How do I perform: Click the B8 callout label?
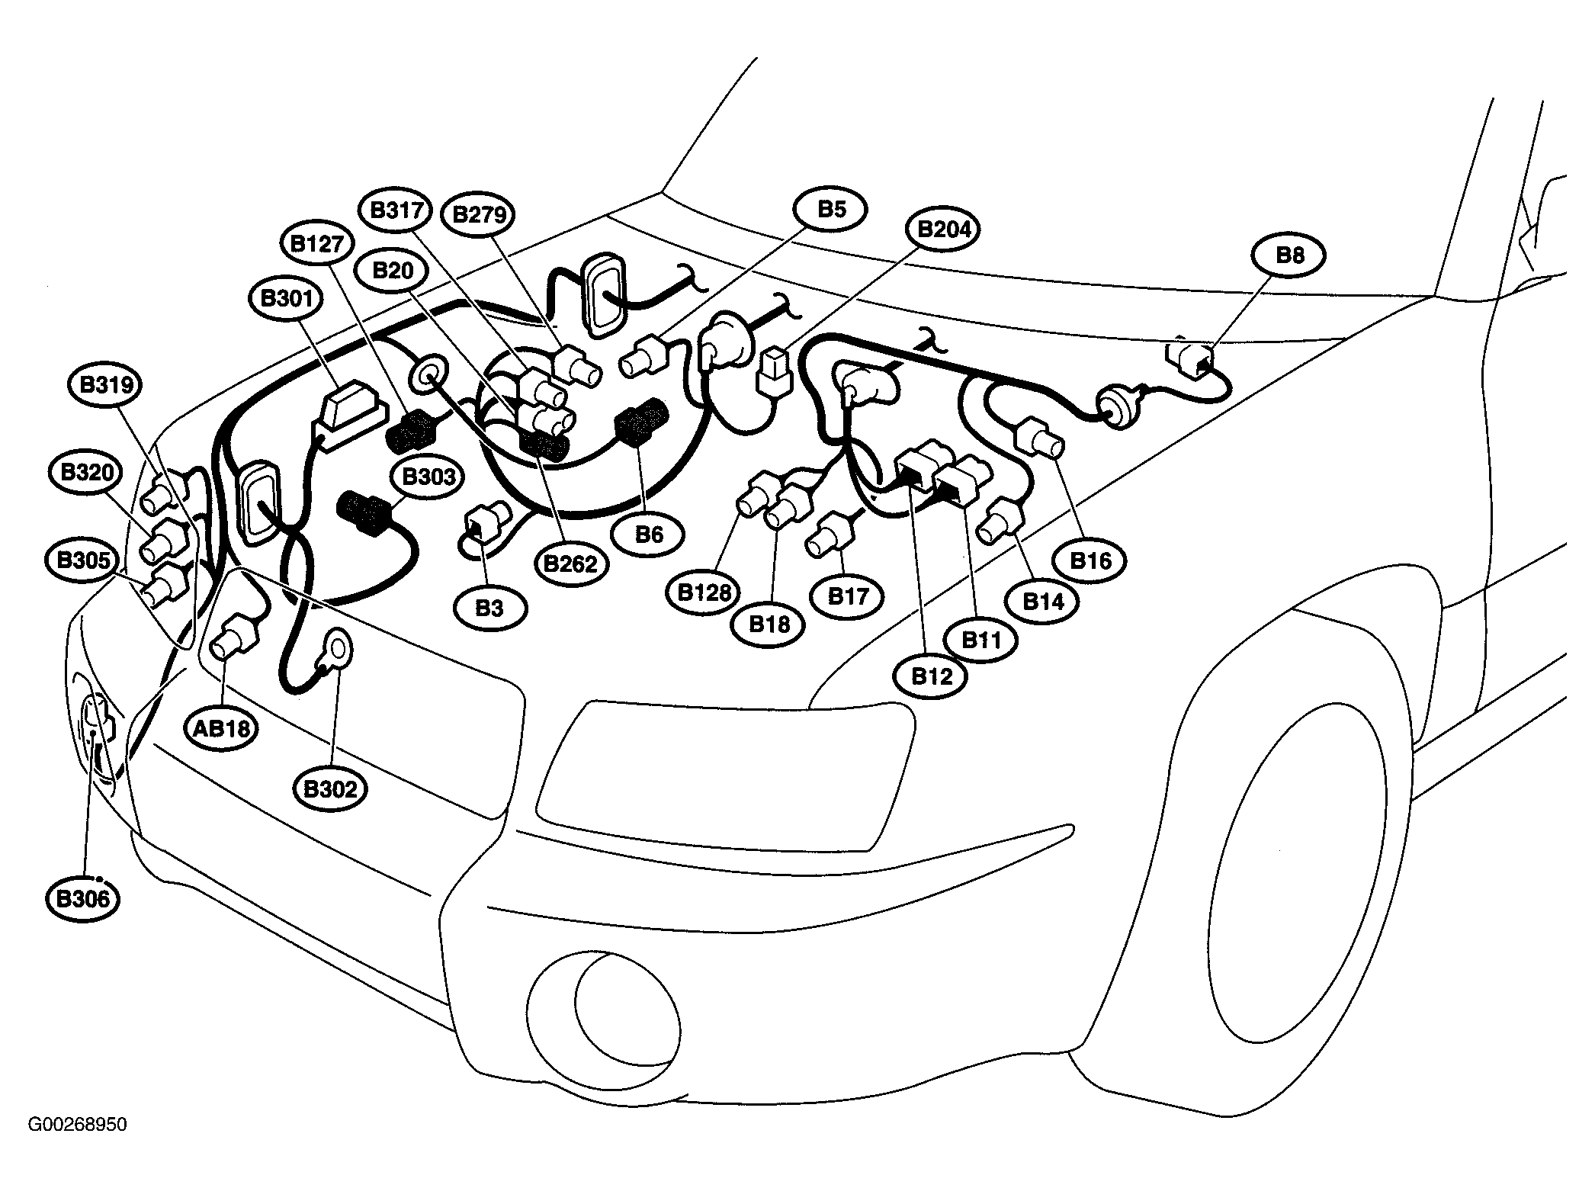coord(1289,255)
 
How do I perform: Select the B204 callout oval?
coord(944,229)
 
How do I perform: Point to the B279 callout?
coord(479,214)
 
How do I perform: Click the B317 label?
coord(396,210)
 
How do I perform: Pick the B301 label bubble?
coord(287,297)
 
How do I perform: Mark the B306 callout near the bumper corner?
coord(83,898)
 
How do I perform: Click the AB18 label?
coord(222,728)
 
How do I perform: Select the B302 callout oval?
coord(329,788)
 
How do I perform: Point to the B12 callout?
coord(931,676)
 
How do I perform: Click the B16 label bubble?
coord(1090,561)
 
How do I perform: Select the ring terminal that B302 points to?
coord(336,648)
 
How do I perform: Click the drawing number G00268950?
coord(78,1125)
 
